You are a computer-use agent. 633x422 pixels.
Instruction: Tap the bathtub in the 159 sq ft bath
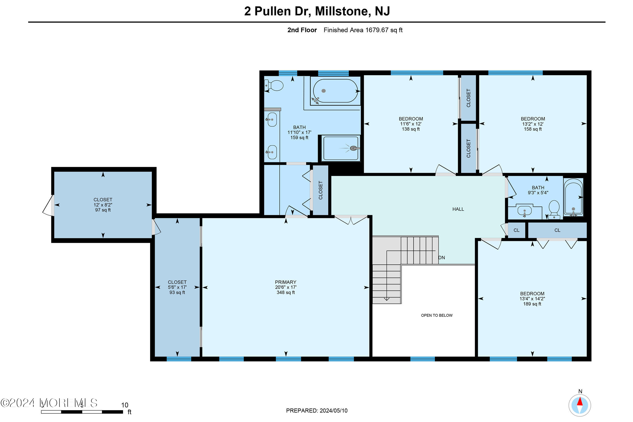335,91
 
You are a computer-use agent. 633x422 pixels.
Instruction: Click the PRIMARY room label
286,282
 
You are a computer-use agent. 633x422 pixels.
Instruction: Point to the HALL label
458,209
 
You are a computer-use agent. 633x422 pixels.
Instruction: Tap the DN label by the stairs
442,258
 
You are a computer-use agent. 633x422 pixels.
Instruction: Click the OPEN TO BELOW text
437,315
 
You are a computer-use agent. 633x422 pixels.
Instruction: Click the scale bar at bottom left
82,412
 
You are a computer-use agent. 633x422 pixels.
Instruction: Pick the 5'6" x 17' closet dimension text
177,287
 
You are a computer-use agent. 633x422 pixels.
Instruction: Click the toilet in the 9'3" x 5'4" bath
554,209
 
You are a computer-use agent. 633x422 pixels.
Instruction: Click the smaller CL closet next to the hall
516,230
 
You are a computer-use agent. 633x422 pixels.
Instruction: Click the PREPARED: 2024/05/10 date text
316,411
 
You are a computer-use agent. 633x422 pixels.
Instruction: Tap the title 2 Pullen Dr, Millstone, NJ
317,11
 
